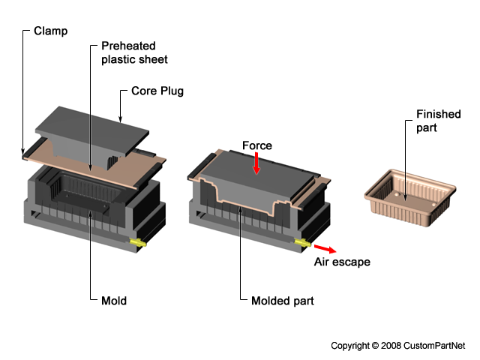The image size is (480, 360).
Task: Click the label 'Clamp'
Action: click(49, 32)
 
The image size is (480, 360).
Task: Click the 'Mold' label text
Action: click(114, 301)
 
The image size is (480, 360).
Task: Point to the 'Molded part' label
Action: click(283, 301)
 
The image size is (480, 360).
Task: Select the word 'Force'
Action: click(257, 145)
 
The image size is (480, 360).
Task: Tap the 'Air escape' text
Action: click(341, 262)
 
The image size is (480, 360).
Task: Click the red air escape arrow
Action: click(325, 248)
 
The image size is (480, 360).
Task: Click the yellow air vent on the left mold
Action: click(138, 242)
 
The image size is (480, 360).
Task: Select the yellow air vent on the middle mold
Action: click(303, 243)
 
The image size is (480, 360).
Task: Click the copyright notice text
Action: click(398, 346)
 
